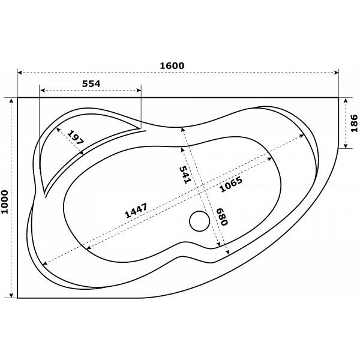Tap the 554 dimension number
click(91, 84)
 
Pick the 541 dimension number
click(185, 173)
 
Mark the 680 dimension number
click(221, 217)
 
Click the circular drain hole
click(199, 222)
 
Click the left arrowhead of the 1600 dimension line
click(20, 73)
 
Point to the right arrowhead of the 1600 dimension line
click(337, 73)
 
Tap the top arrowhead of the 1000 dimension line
click(11, 100)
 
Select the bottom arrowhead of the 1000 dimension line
click(11, 295)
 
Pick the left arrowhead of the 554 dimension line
click(41, 92)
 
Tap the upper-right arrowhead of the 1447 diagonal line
click(303, 136)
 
